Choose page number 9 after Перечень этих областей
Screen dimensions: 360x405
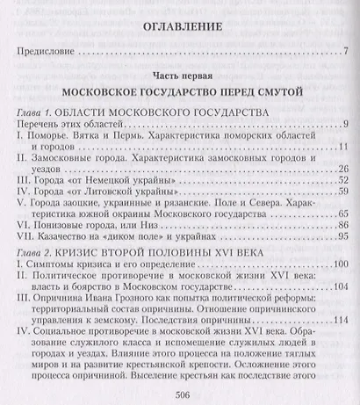pos(347,150)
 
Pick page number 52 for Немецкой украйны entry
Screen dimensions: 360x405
pos(343,212)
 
